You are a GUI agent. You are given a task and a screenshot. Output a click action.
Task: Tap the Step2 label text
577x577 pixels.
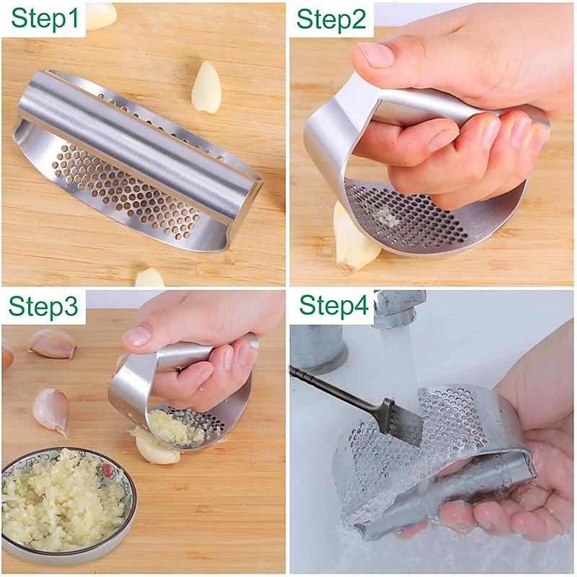coord(331,19)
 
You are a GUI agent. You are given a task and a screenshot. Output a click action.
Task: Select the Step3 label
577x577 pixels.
coord(43,305)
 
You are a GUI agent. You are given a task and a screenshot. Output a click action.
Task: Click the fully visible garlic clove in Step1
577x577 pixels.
coord(206,87)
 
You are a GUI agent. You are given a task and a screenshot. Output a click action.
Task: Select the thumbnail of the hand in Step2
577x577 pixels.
coord(376,55)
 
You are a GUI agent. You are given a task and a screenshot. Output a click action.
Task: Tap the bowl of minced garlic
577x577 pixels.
coord(68,504)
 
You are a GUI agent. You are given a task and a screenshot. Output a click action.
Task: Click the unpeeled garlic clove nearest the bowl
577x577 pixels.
coord(51,410)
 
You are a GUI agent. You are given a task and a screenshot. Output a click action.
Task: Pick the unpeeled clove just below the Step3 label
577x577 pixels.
coord(52,344)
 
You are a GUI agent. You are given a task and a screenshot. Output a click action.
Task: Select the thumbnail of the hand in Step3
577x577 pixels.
coord(137,335)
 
